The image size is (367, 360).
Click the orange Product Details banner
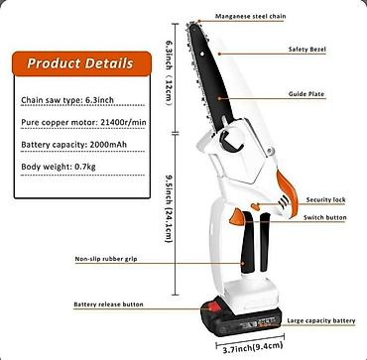click(x=81, y=63)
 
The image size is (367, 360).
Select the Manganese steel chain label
click(x=251, y=16)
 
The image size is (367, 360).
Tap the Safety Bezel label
click(x=307, y=50)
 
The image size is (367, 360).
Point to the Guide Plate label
click(x=306, y=94)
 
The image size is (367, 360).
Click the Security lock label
click(x=325, y=200)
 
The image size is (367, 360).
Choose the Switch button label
click(x=325, y=217)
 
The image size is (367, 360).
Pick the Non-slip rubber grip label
click(x=106, y=259)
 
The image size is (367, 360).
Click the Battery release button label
click(x=108, y=304)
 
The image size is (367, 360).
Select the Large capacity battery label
click(x=321, y=320)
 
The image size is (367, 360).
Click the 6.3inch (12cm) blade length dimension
click(x=169, y=72)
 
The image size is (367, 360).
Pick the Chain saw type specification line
click(x=67, y=100)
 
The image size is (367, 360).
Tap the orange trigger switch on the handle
click(x=237, y=217)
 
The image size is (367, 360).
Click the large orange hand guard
click(x=288, y=192)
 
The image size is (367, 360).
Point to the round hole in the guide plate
click(x=201, y=55)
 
